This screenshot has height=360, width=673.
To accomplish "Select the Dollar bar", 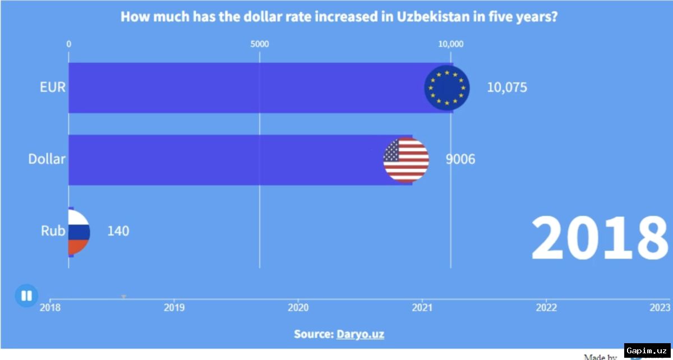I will click(x=224, y=160).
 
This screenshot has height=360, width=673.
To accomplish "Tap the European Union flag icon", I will click(x=447, y=88).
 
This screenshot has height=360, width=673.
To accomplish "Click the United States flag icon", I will click(x=406, y=160).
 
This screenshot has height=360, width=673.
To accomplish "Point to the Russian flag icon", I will click(x=78, y=231).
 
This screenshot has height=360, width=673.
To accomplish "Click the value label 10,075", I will click(x=506, y=88).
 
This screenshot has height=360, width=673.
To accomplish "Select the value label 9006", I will click(x=460, y=160).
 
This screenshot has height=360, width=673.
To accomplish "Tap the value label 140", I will click(x=118, y=231).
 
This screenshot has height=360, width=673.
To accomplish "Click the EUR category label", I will click(x=53, y=87).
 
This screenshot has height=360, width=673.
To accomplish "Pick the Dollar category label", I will click(x=47, y=159).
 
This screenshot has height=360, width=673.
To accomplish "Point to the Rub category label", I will click(x=53, y=230).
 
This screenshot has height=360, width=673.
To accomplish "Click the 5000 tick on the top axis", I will click(x=259, y=44).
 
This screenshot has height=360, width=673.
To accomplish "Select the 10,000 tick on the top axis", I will click(x=450, y=44).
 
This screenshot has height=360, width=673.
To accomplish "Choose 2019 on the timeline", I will click(x=174, y=307).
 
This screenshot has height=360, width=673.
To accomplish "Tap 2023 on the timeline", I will click(x=660, y=307).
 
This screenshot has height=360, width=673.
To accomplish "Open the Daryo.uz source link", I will click(x=360, y=334).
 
